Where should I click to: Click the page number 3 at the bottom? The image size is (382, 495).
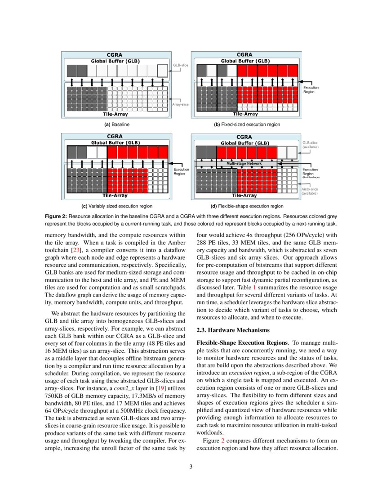tap(191, 467)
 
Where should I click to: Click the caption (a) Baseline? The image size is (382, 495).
tap(116, 124)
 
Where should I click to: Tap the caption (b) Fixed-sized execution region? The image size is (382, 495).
tap(247, 124)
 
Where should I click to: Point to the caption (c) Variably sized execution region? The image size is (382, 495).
tap(116, 206)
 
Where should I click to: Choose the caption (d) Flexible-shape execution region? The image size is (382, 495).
tap(247, 206)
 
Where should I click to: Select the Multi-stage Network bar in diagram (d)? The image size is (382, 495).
tap(247, 163)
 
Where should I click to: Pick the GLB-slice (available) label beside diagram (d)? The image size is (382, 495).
tap(311, 144)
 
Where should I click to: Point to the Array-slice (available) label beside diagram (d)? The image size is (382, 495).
tap(311, 191)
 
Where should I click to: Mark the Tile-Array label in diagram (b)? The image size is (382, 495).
tap(247, 114)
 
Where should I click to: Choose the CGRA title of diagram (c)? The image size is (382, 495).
tap(116, 135)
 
